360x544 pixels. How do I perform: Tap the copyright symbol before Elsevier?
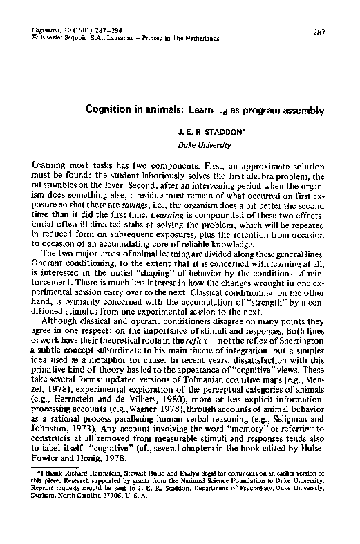click(35, 39)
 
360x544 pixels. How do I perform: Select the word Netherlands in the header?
click(201, 39)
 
